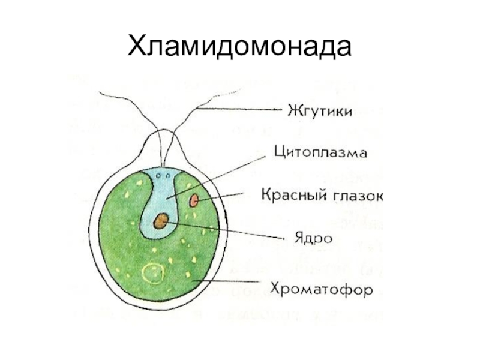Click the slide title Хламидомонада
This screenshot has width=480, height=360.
pyautogui.click(x=239, y=45)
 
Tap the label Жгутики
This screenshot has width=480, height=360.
pyautogui.click(x=318, y=111)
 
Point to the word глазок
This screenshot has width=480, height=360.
pyautogui.click(x=353, y=195)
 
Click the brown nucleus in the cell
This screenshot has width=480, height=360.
pyautogui.click(x=160, y=221)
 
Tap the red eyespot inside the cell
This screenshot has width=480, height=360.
pyautogui.click(x=194, y=200)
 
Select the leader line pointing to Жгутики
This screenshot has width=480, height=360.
pyautogui.click(x=240, y=110)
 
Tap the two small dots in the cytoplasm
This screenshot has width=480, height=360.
pyautogui.click(x=158, y=176)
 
